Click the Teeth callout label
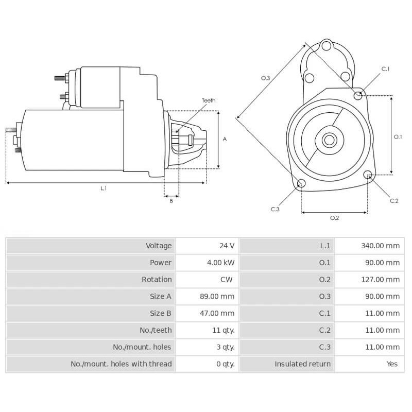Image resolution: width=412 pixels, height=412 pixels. (209, 100)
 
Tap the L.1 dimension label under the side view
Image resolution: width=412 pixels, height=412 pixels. (104, 189)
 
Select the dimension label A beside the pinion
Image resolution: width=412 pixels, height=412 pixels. (225, 139)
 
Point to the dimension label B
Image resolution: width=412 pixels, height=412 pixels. (171, 201)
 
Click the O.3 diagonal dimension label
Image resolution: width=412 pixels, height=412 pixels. (266, 78)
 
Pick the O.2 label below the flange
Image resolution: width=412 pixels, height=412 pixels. (334, 218)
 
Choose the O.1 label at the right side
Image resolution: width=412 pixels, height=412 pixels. (398, 137)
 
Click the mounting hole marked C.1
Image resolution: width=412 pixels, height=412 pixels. (359, 95)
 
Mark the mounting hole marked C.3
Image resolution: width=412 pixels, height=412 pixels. (302, 184)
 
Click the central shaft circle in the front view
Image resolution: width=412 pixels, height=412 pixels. (329, 140)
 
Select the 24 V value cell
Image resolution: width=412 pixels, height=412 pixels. (227, 246)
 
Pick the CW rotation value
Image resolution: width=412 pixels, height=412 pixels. (227, 280)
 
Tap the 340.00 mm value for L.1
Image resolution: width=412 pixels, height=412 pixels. (381, 246)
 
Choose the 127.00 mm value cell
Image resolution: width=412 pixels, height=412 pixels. (381, 280)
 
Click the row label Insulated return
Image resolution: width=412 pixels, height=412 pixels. (302, 364)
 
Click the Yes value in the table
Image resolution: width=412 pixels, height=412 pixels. (392, 364)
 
